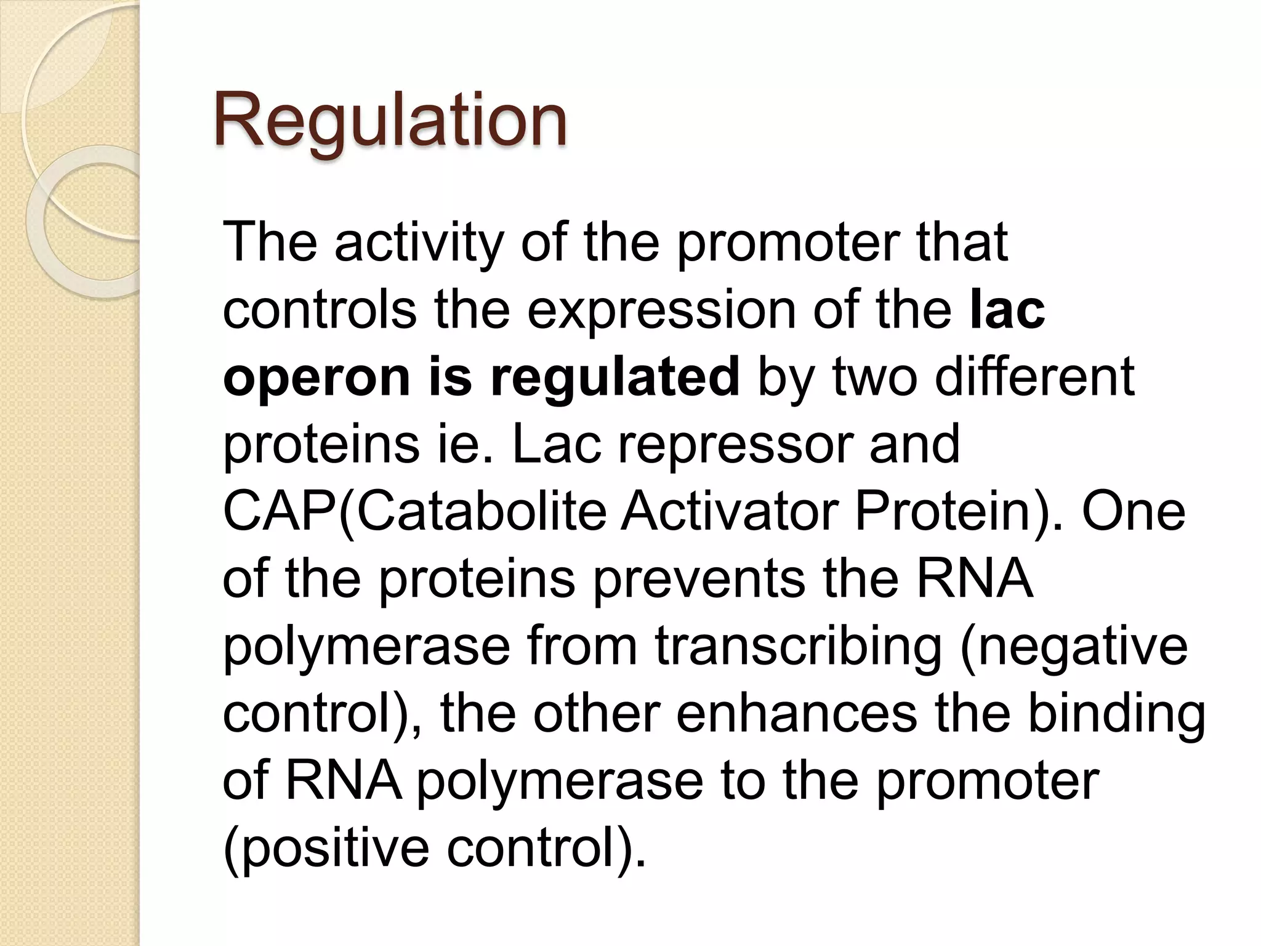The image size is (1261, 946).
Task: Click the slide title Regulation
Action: pyautogui.click(x=390, y=120)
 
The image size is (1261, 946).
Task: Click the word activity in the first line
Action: pyautogui.click(x=419, y=242)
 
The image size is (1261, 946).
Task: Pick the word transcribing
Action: pyautogui.click(x=798, y=647)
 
